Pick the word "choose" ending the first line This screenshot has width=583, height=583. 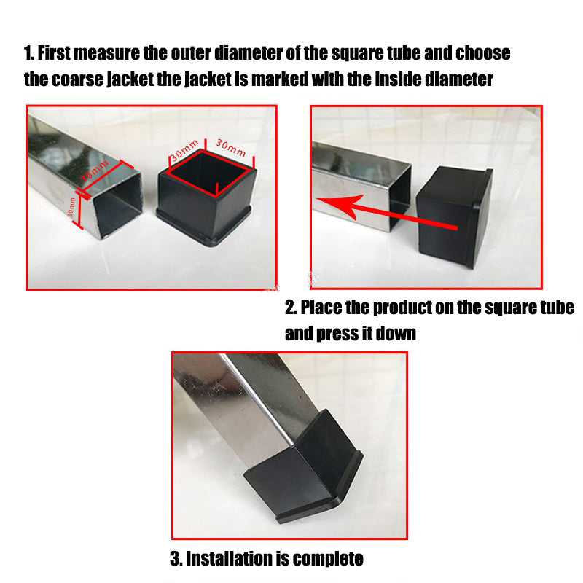tap(482, 53)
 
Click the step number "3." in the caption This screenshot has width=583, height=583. tap(176, 559)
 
